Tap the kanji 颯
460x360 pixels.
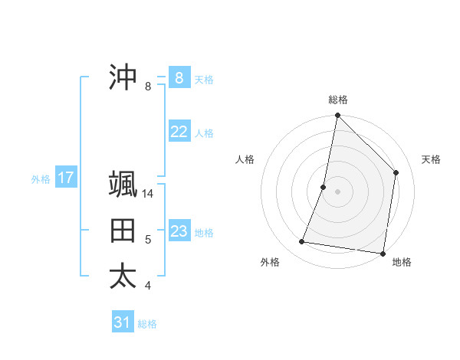click(x=123, y=185)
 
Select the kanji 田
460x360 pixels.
click(x=123, y=231)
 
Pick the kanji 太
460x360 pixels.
click(x=123, y=277)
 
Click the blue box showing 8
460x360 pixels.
click(x=179, y=78)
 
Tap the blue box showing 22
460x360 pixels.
click(x=179, y=132)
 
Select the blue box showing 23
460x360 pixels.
click(x=179, y=231)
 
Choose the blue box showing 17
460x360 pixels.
click(x=65, y=178)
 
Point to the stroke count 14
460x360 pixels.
click(x=149, y=194)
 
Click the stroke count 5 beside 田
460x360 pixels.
click(x=148, y=240)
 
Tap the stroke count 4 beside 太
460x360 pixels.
click(x=148, y=286)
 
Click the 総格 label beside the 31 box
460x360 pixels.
click(x=147, y=324)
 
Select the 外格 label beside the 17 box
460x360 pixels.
click(x=41, y=179)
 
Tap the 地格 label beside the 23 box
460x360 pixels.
click(x=204, y=233)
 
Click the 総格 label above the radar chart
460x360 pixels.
click(x=337, y=100)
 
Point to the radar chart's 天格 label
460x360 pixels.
click(x=431, y=159)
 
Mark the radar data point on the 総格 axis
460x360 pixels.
click(x=337, y=116)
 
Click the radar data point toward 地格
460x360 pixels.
click(x=383, y=253)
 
